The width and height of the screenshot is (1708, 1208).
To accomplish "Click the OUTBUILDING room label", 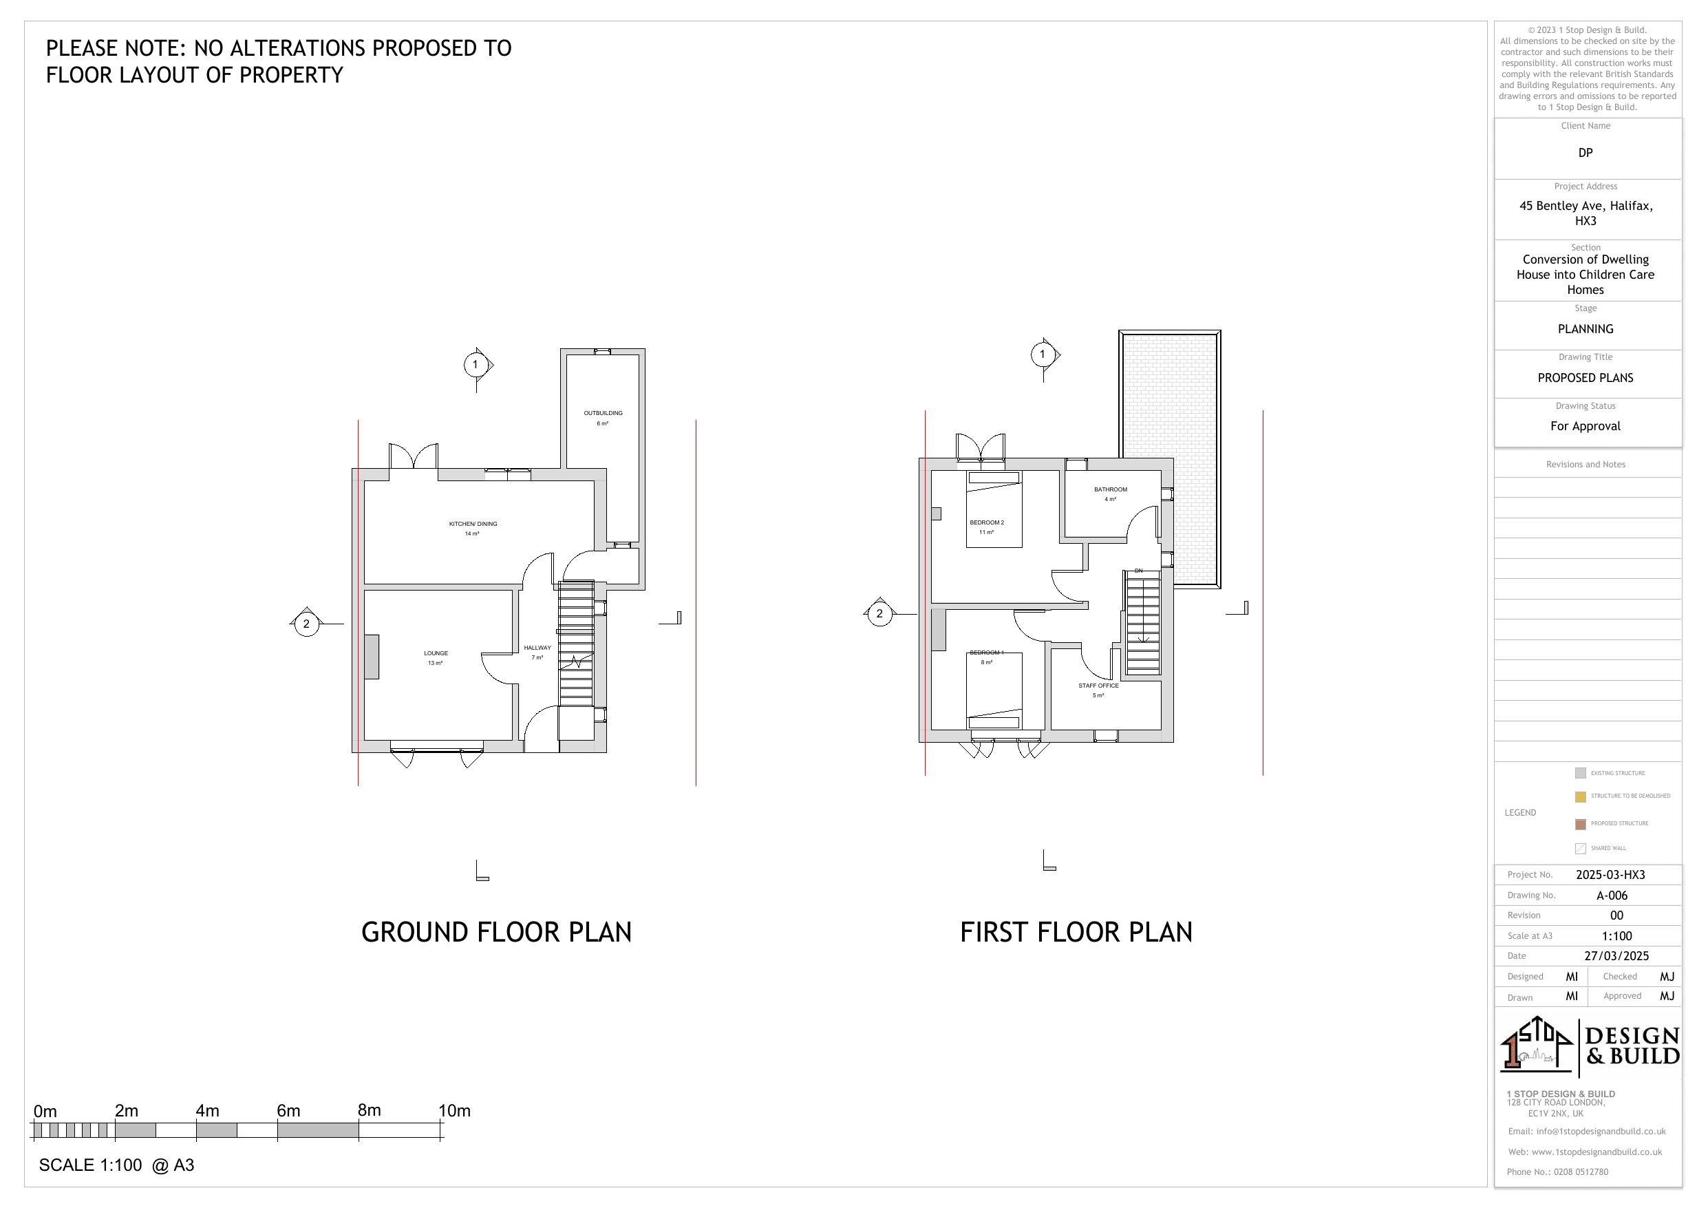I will [603, 413].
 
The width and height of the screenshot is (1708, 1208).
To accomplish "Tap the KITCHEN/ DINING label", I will [472, 524].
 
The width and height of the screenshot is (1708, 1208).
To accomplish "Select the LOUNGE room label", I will [436, 653].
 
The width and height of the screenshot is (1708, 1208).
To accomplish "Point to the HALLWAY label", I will [537, 648].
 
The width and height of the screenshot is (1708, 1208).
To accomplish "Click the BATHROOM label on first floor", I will [1110, 490].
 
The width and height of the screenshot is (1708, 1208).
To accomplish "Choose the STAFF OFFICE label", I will [1098, 686].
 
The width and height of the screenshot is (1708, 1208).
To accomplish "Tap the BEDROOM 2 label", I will [986, 522].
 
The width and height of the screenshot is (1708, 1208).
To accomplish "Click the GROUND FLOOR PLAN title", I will [496, 932].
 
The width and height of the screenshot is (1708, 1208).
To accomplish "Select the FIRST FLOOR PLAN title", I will [1076, 932].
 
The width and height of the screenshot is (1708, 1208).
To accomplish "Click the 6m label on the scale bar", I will [288, 1110].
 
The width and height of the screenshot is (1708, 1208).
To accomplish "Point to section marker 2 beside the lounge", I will [306, 624].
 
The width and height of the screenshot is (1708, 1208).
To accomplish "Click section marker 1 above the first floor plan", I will [1042, 354].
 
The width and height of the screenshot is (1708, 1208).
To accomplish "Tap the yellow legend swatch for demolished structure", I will [1580, 796].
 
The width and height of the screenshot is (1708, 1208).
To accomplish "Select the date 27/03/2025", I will [1616, 955].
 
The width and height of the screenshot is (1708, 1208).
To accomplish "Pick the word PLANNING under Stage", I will [1586, 329].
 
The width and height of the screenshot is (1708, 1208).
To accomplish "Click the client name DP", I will [1586, 153].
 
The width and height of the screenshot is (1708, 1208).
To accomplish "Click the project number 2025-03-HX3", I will [1610, 875].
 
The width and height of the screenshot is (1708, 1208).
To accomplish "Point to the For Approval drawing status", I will [1586, 426].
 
